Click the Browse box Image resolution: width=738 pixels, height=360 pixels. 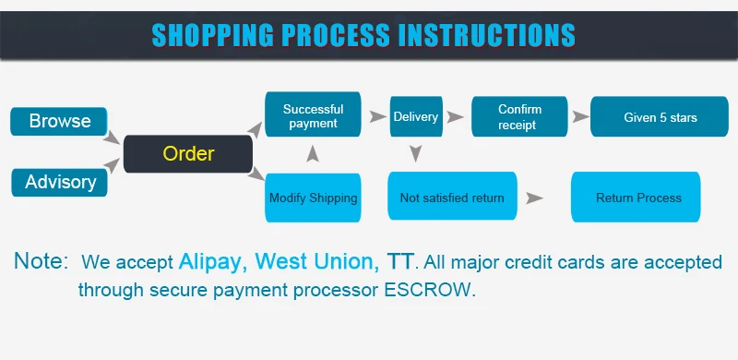[x=59, y=121]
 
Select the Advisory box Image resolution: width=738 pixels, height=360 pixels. [x=59, y=183]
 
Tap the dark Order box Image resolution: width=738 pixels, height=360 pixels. [x=188, y=154]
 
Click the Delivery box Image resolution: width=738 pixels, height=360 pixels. [x=416, y=116]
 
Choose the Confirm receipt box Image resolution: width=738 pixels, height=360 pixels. [x=519, y=116]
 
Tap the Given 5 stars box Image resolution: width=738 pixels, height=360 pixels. [x=660, y=116]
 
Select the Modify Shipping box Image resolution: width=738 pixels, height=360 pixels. [x=313, y=198]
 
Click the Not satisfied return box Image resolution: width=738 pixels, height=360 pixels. [x=452, y=196]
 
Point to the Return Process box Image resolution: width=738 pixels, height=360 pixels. [x=636, y=197]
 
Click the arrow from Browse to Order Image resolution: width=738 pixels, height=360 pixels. [x=112, y=138]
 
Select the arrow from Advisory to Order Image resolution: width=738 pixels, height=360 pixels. [x=112, y=166]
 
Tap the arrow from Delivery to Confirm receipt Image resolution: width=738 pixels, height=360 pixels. [x=455, y=117]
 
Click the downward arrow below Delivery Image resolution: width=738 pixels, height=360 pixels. [x=415, y=153]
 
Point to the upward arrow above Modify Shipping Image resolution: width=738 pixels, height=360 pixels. [x=313, y=153]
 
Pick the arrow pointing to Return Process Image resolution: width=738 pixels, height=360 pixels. [x=534, y=198]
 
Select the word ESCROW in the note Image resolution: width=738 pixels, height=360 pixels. [x=427, y=290]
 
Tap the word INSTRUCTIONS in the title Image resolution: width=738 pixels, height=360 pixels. [x=487, y=35]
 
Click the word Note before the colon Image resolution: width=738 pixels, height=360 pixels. [x=38, y=260]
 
